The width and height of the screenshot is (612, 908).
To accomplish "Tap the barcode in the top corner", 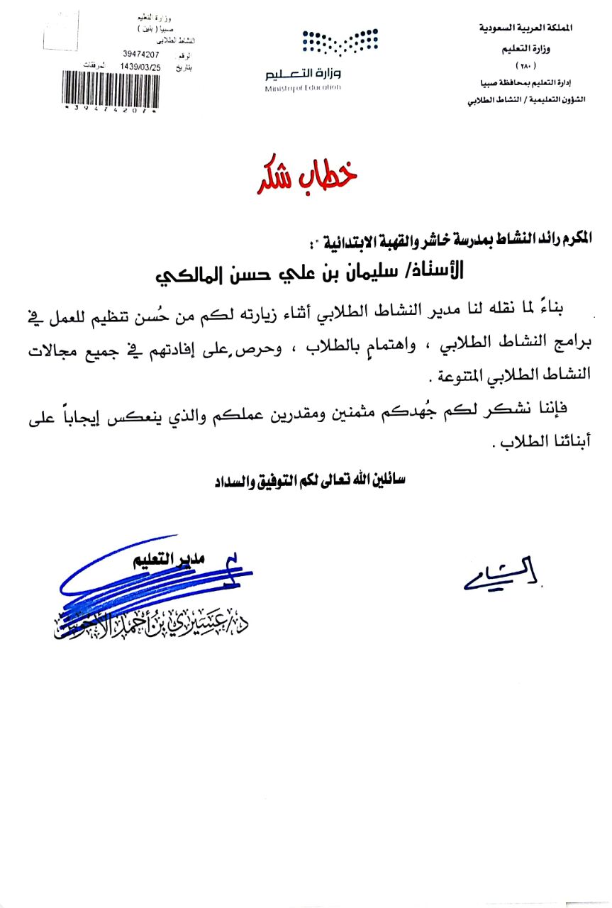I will point(109,89).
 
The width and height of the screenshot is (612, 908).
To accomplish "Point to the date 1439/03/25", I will point(140,66).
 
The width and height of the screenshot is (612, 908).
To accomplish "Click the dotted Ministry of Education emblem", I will point(340,42).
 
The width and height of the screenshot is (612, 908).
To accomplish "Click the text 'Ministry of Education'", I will point(303,88).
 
